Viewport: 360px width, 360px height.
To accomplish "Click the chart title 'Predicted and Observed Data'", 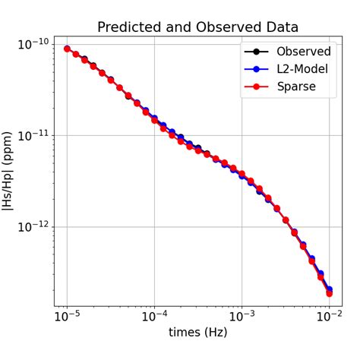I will (x=198, y=27).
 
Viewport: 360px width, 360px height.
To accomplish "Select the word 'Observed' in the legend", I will (x=303, y=52).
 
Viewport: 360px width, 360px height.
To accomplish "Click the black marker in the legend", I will (x=257, y=52).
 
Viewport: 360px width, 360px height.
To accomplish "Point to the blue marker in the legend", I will (x=257, y=69).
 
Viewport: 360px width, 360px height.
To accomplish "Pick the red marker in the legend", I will (x=257, y=87).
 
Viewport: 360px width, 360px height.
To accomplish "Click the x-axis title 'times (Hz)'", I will (x=197, y=332).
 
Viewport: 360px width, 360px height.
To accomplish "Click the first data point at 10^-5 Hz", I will (x=67, y=49).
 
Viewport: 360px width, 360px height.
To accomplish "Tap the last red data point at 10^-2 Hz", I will (x=329, y=293).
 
